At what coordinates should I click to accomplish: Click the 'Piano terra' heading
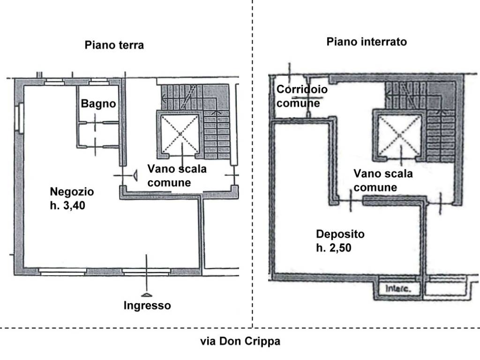point(114,45)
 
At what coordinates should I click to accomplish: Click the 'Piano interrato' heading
point(367,42)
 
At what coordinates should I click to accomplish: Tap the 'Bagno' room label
point(98,104)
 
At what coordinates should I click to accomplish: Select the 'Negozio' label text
point(72,192)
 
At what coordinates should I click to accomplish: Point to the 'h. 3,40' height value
point(67,206)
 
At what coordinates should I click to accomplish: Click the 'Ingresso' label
point(147,306)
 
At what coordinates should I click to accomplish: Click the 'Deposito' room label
point(340,234)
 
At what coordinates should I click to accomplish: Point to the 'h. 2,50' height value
point(334,248)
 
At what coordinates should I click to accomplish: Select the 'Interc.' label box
point(398,289)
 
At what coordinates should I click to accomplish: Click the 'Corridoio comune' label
point(301,96)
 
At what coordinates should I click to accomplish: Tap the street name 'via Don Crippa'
point(240,341)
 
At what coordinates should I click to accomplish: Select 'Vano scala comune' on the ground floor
point(176,175)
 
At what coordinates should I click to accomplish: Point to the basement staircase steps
point(441,136)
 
